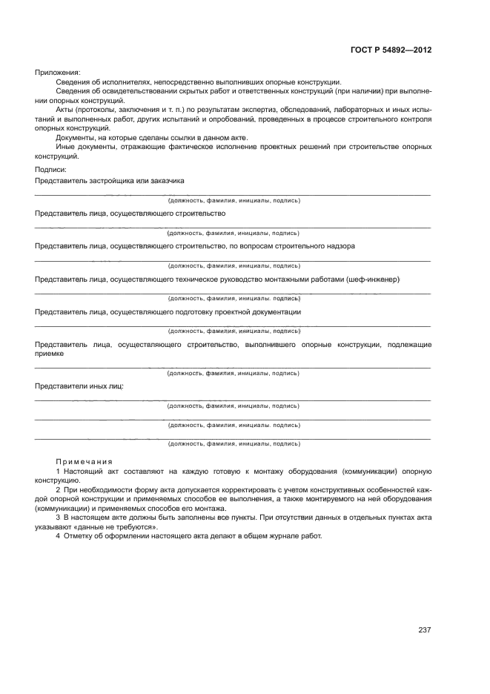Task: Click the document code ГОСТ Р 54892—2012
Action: coord(391,50)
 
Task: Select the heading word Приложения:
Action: coord(58,72)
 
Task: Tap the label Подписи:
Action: coord(50,170)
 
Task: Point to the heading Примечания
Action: coord(84,461)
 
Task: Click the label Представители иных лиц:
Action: coord(79,386)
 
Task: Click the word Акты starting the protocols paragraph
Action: coord(65,109)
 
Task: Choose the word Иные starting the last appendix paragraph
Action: coord(64,147)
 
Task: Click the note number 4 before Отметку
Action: coord(58,536)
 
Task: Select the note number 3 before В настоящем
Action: coord(58,518)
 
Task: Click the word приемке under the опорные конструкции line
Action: coord(49,354)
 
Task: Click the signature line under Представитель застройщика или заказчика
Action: coord(233,195)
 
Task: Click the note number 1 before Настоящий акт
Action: coord(58,471)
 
